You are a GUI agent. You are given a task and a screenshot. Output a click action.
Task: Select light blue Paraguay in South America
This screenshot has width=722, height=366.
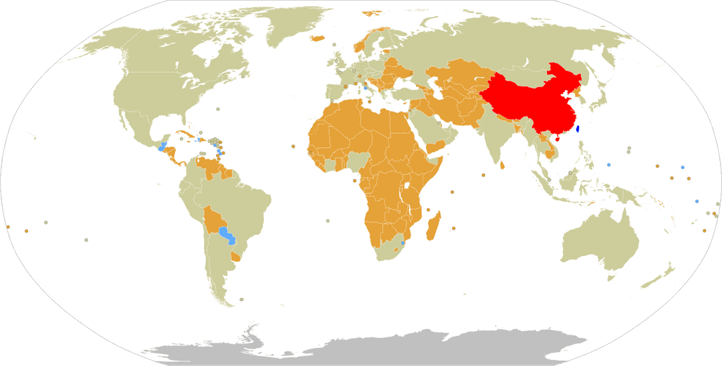[x=226, y=235]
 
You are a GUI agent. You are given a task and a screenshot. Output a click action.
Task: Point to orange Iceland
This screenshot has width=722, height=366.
[x=316, y=37]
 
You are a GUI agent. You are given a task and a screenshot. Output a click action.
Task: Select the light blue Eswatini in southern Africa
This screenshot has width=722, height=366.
[x=403, y=242]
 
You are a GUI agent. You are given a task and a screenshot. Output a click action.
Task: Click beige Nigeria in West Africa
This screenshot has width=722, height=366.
[x=360, y=160]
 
